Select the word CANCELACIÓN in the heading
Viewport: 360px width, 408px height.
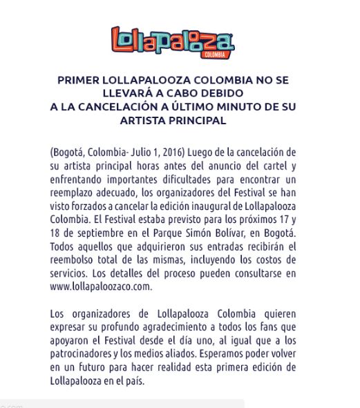click(x=141, y=107)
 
